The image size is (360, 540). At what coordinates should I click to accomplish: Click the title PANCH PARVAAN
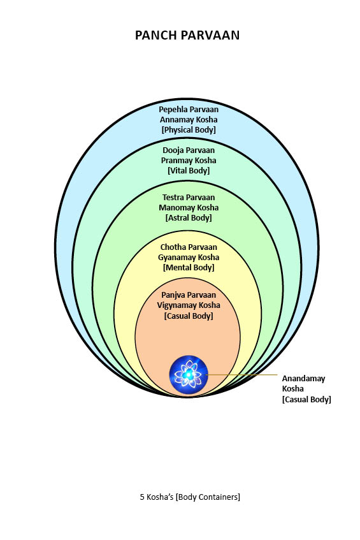pos(187,35)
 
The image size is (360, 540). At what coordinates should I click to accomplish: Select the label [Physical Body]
pos(189,130)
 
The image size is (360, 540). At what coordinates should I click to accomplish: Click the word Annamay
pos(173,120)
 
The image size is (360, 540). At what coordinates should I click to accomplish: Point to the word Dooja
pos(174,150)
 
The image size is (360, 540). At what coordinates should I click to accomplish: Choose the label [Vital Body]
pos(189,170)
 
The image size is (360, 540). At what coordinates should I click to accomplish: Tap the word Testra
pos(174,198)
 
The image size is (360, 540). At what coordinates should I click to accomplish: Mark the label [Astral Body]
pos(189,217)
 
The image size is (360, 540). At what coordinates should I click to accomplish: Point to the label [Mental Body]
pos(189,267)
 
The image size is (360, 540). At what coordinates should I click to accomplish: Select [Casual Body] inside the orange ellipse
pos(189,316)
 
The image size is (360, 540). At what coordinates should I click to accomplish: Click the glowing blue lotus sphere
pos(189,375)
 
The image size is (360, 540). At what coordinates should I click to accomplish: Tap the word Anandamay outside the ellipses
pos(303,379)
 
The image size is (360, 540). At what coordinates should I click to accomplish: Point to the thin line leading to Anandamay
pos(241,374)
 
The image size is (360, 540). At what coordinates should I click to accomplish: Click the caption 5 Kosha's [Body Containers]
pos(190,497)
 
